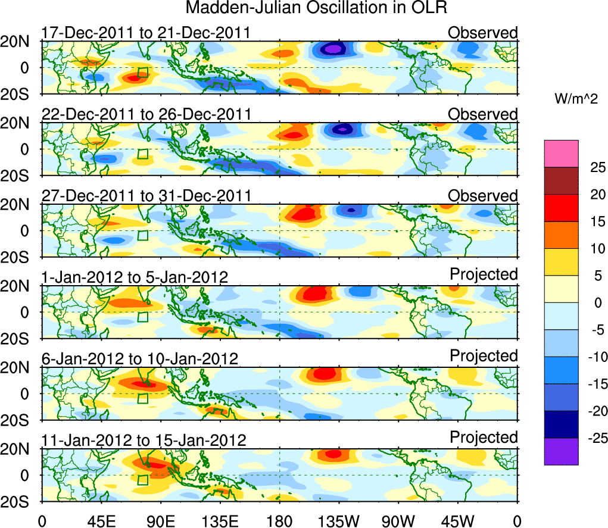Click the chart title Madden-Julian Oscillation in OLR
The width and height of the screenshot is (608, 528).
point(316,8)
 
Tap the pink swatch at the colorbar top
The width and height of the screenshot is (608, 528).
point(561,154)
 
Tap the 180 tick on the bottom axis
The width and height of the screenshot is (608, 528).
point(280,521)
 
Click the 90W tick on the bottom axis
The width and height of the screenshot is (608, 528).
point(398,521)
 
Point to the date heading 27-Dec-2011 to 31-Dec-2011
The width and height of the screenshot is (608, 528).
point(146,196)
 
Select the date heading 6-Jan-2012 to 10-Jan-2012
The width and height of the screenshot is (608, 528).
point(140,359)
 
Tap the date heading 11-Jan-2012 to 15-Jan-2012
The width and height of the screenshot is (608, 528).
point(144,440)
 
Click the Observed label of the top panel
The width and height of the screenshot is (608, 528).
point(483,33)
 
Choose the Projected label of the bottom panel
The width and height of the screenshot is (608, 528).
point(484,438)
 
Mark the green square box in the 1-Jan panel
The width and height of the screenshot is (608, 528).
point(142,317)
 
